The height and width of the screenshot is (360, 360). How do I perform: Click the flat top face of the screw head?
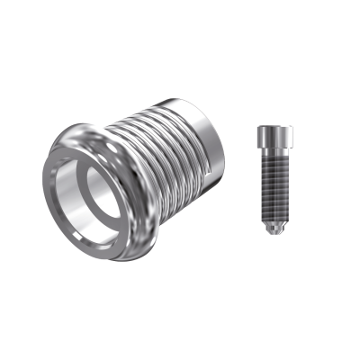273,130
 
